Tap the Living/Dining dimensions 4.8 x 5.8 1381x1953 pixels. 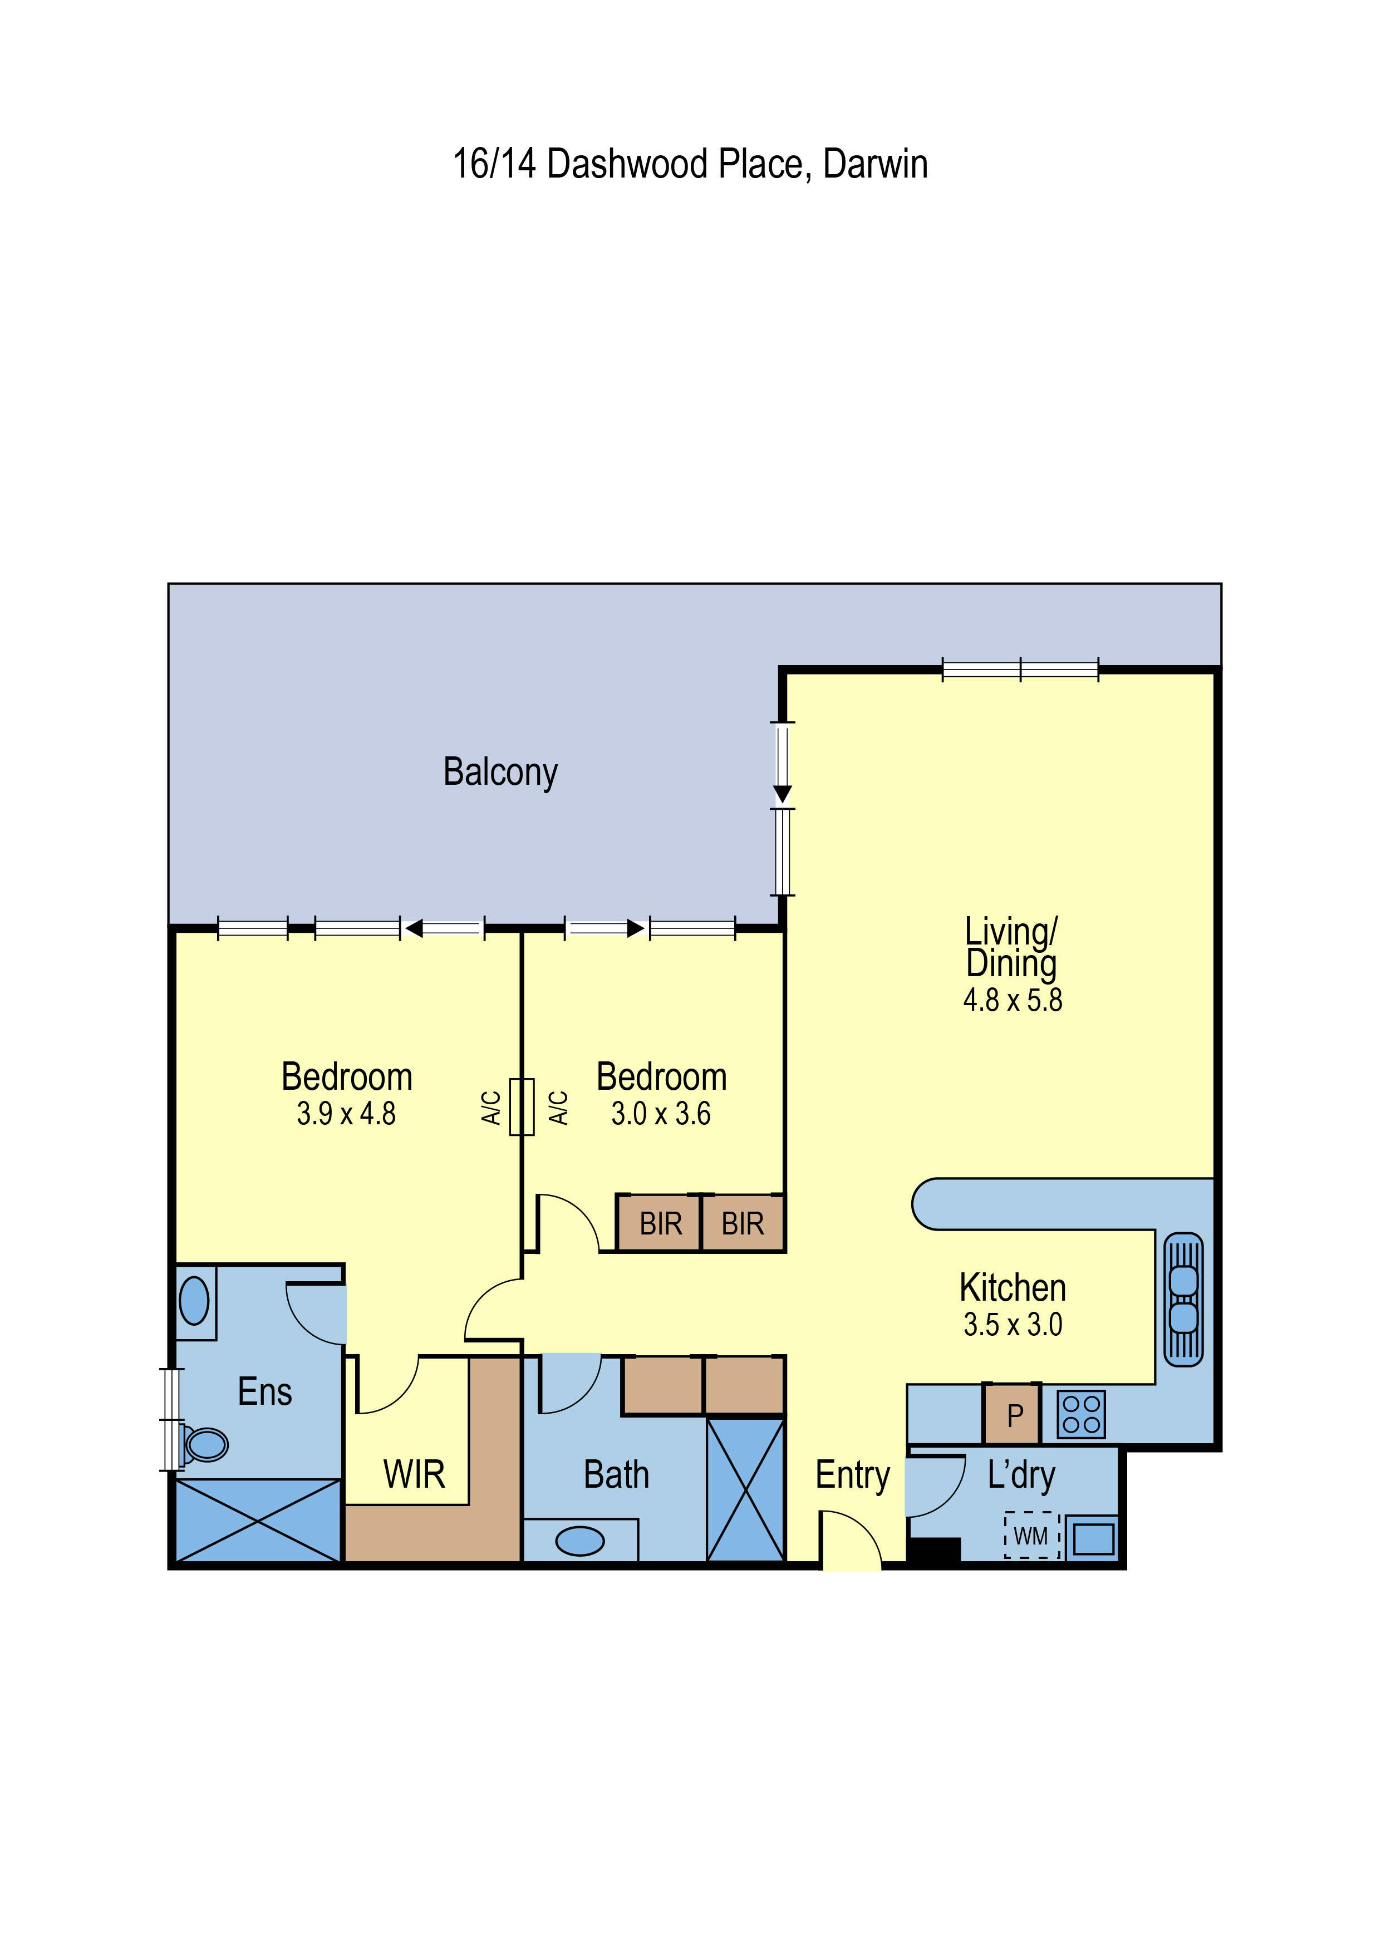point(1013,1000)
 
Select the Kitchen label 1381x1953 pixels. point(1013,1288)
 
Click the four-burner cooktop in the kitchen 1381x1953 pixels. point(1080,1415)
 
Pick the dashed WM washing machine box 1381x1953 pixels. point(1031,1536)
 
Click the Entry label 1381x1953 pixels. point(853,1476)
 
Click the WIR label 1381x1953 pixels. point(414,1475)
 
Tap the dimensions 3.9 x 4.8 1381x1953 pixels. point(346,1114)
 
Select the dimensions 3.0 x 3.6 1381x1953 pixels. point(661,1114)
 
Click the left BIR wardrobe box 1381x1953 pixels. point(660,1223)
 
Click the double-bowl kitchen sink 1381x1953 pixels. point(1183,1300)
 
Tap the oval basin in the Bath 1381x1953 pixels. point(581,1541)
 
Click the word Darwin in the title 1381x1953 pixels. point(876,164)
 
